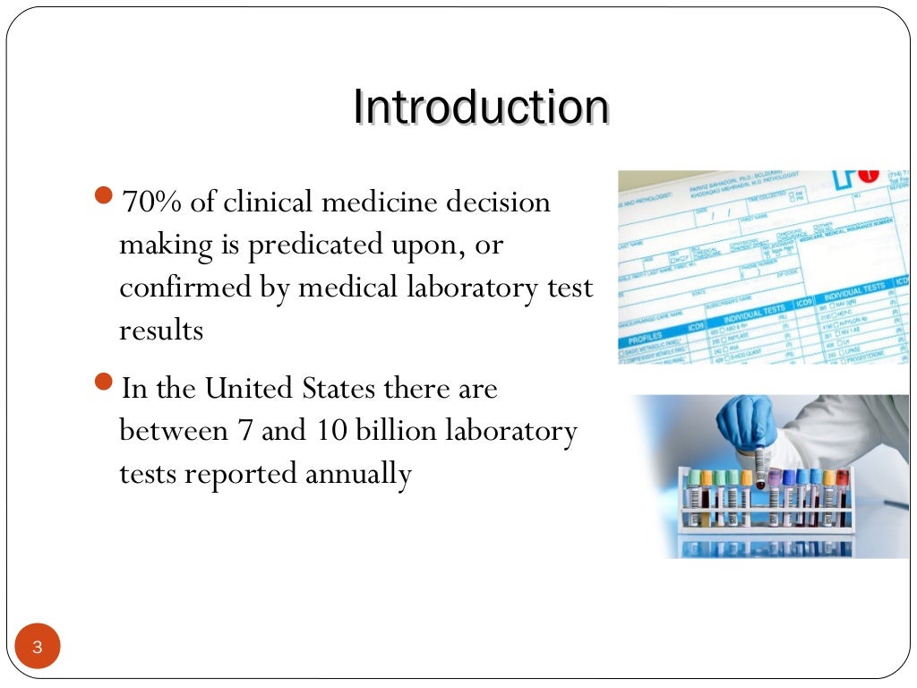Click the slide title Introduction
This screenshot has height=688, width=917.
[x=481, y=107]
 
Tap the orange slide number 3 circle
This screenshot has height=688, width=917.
[x=37, y=648]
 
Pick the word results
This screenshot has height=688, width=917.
[x=161, y=331]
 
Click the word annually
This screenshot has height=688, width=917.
[x=358, y=474]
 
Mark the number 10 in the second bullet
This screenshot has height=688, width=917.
[x=329, y=431]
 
